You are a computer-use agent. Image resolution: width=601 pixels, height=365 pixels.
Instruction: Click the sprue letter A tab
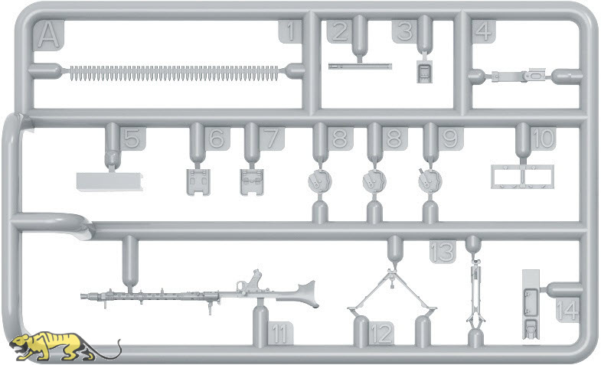[x=49, y=35]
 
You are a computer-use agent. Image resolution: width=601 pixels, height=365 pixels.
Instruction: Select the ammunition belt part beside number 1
[x=174, y=73]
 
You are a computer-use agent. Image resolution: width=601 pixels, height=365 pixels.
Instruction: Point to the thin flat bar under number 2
[x=360, y=67]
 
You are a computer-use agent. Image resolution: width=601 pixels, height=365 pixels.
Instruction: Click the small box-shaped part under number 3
[x=424, y=71]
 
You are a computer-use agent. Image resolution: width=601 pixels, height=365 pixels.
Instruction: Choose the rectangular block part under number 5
[x=110, y=181]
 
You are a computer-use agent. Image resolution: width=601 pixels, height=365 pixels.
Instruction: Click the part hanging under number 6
[x=199, y=182]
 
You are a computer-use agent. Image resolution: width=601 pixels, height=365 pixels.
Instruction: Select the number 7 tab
[x=272, y=139]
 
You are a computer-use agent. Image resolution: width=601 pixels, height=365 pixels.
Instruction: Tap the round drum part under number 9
[x=430, y=181]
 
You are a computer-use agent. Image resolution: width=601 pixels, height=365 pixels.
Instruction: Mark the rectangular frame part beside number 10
[x=522, y=177]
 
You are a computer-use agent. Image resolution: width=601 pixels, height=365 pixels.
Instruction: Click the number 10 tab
[x=543, y=139]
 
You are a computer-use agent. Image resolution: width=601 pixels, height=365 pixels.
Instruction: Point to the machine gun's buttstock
[x=305, y=293]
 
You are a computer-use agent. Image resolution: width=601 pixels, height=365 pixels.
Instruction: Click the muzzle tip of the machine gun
[x=82, y=296]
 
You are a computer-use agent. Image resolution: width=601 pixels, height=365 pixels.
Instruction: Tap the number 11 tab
[x=279, y=334]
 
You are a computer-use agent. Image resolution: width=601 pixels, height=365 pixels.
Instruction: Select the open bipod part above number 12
[x=393, y=291]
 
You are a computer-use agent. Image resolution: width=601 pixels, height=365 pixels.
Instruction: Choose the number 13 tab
[x=443, y=252]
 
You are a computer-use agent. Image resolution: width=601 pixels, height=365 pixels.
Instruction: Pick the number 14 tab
[x=567, y=309]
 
